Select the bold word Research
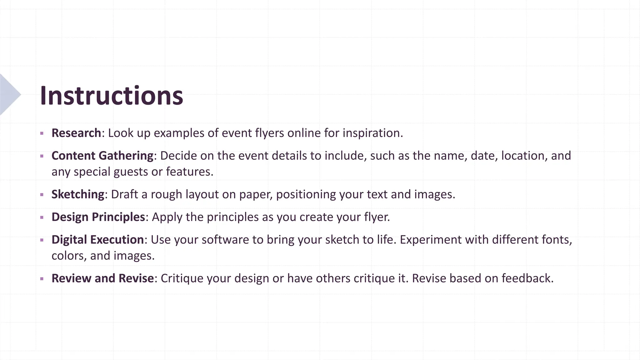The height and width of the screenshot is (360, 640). coord(76,133)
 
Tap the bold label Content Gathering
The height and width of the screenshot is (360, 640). coord(102,156)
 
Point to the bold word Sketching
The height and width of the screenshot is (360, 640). coord(78,194)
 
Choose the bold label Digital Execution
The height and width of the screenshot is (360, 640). coord(98,240)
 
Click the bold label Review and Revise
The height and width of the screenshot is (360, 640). coord(102,278)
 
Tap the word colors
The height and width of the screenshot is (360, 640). coord(69,256)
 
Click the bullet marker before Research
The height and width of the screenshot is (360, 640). coord(42,133)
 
